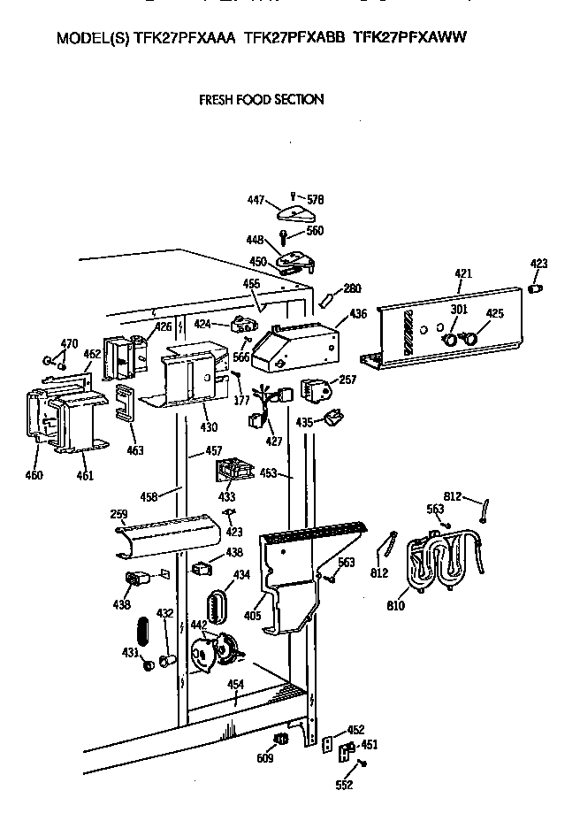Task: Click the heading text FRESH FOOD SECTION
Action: pyautogui.click(x=261, y=100)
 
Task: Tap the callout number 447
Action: pyautogui.click(x=256, y=201)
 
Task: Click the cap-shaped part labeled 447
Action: pyautogui.click(x=293, y=212)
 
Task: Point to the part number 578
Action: pyautogui.click(x=314, y=200)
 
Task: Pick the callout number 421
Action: pyautogui.click(x=463, y=274)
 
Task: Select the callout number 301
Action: pyautogui.click(x=459, y=309)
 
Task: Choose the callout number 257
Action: pyautogui.click(x=347, y=380)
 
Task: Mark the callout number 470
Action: pyautogui.click(x=69, y=343)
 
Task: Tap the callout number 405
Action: pyautogui.click(x=252, y=613)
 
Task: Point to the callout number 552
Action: pyautogui.click(x=344, y=785)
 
